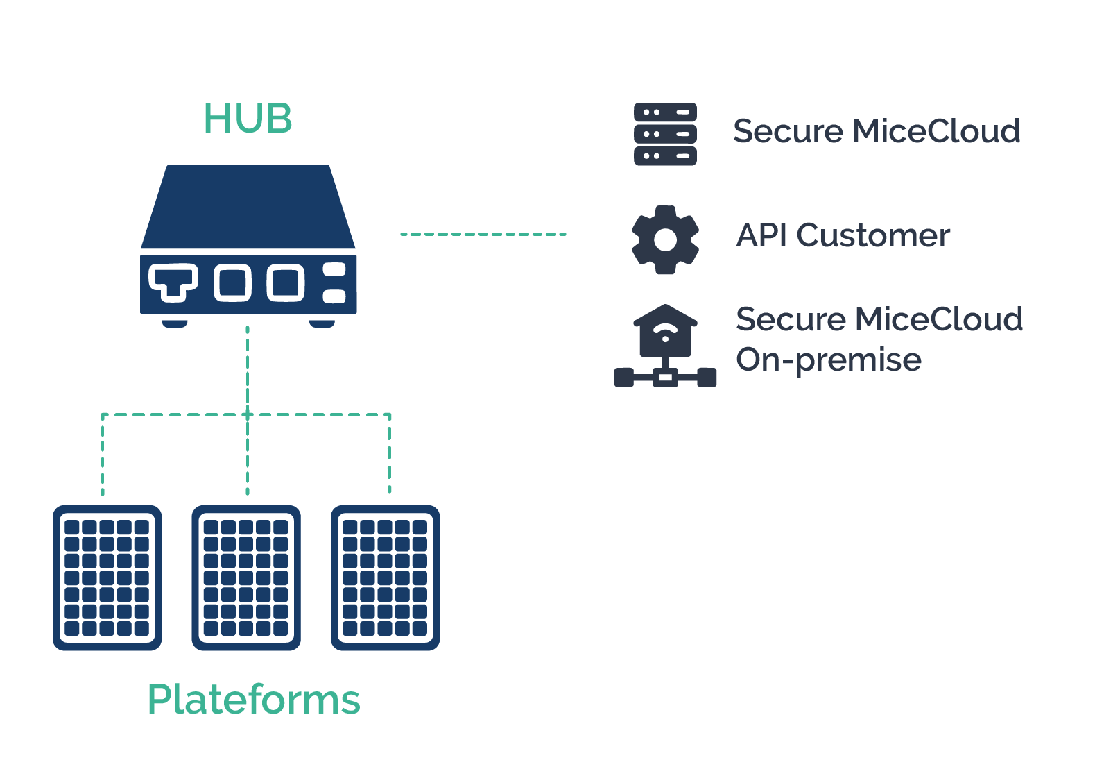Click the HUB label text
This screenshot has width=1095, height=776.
(248, 119)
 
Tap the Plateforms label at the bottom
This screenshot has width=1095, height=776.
(254, 699)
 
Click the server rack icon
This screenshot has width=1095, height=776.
(665, 134)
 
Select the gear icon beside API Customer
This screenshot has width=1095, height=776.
(665, 239)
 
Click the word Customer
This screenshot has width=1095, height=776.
(873, 235)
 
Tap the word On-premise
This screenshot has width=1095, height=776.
(828, 360)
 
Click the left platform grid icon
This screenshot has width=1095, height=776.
(107, 577)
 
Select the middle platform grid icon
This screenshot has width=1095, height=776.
(246, 577)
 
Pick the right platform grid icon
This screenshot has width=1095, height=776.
(385, 577)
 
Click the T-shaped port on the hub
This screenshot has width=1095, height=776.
(173, 281)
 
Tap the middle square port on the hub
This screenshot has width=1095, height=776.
(232, 282)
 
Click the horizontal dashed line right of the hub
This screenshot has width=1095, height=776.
(483, 235)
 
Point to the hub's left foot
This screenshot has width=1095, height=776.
(175, 323)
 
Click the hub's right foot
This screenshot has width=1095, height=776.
(322, 323)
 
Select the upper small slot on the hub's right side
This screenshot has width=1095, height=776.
(334, 269)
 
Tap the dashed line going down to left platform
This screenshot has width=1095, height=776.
(103, 455)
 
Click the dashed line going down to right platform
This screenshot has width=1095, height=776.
(389, 455)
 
